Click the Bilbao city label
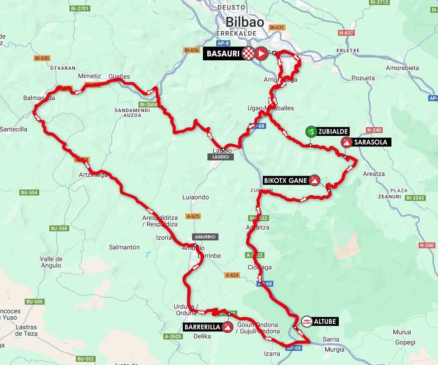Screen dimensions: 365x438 click(244, 21)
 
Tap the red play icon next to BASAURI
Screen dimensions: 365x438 click(261, 54)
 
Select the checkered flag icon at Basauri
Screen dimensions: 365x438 click(248, 54)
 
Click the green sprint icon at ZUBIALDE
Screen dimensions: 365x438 click(312, 131)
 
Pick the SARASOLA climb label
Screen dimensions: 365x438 click(371, 143)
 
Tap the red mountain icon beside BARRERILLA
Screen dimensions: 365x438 click(227, 327)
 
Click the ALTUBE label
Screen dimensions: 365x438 click(324, 321)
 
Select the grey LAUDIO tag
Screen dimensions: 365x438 click(221, 157)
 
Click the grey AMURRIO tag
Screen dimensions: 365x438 click(205, 237)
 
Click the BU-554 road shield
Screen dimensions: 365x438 click(29, 193)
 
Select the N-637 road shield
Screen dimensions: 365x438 click(346, 33)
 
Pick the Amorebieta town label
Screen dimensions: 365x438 click(402, 68)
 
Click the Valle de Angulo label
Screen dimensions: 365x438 click(51, 262)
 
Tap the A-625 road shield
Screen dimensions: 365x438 click(193, 216)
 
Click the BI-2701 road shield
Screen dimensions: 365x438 click(80, 8)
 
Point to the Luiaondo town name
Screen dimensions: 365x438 click(195, 197)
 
